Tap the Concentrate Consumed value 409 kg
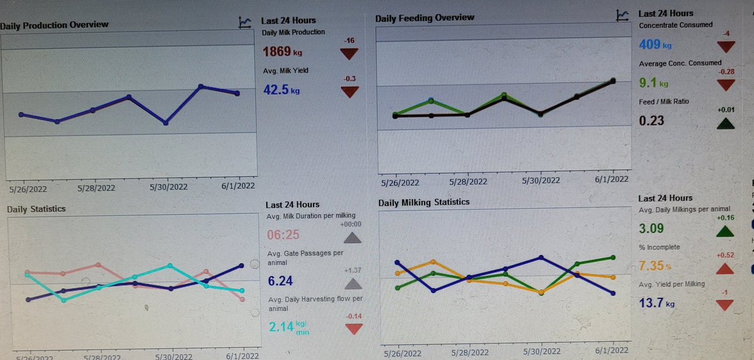coord(655,45)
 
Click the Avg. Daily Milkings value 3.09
coord(650,227)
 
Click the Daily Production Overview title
coord(55,25)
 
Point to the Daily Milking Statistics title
coord(423,202)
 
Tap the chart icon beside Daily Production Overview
coord(244,23)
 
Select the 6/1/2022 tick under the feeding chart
coord(611,178)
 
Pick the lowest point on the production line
coord(165,123)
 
